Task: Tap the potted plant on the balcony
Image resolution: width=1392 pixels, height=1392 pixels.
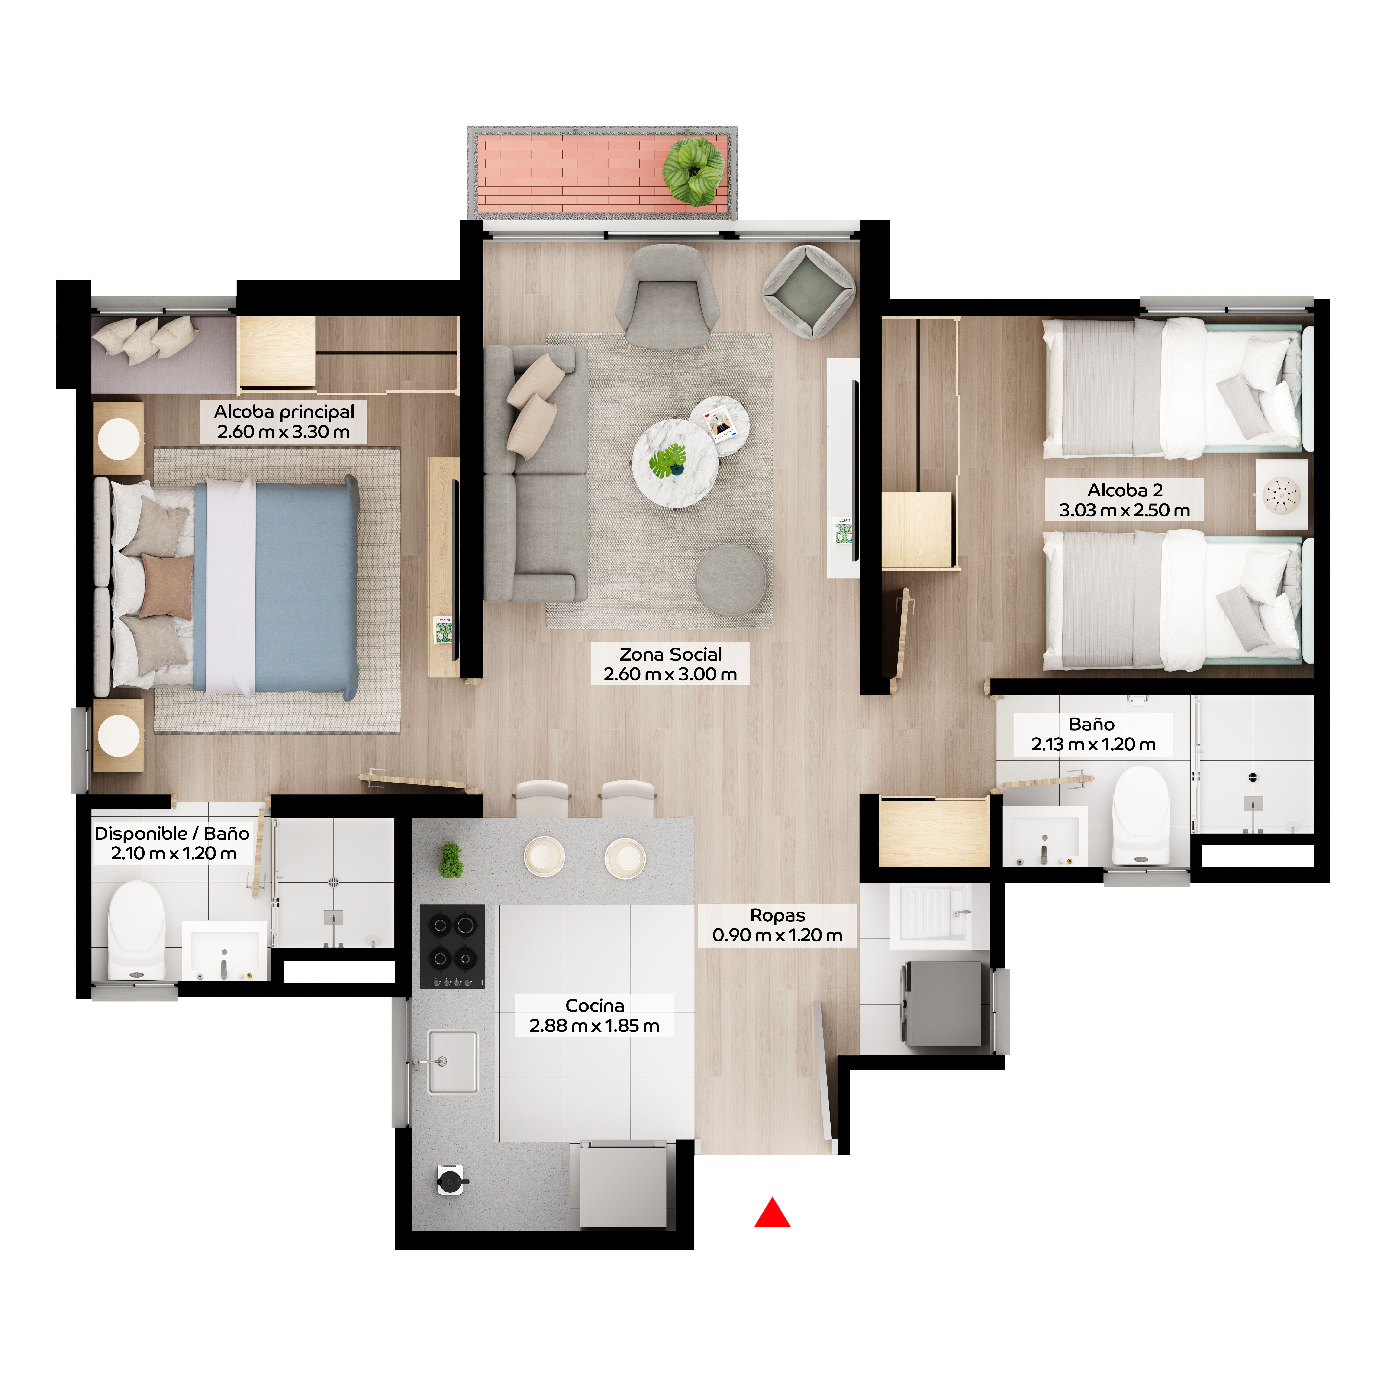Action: click(694, 171)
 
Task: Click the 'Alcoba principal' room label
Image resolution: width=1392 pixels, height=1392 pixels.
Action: click(284, 422)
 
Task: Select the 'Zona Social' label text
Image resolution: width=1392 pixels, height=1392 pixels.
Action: click(670, 664)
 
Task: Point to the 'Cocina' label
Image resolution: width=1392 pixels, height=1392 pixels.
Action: click(594, 1015)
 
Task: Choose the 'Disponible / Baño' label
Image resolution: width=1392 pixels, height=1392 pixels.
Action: click(172, 843)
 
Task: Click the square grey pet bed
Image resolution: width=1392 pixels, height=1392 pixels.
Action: click(809, 291)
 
